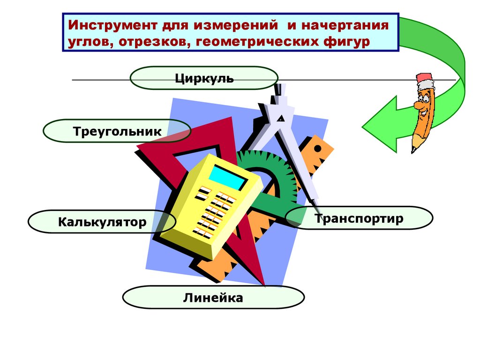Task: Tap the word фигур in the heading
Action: [x=346, y=42]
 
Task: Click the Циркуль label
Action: [x=204, y=78]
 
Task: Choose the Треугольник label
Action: [x=117, y=131]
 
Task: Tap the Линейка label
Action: [x=213, y=298]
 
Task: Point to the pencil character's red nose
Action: [x=417, y=106]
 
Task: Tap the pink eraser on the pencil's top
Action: [x=424, y=78]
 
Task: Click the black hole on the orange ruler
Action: [x=318, y=149]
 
